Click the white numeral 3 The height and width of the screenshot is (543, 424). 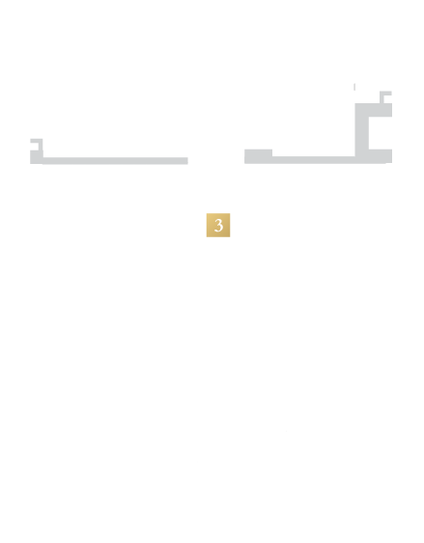pos(218,226)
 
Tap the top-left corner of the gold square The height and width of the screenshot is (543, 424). pos(207,213)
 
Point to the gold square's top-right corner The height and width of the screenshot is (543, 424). pos(230,213)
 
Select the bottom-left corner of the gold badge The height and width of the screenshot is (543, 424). pos(207,237)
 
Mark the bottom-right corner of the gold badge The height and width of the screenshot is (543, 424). pos(230,237)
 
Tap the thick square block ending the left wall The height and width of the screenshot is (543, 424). pos(37,157)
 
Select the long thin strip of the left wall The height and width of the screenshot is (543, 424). pos(115,161)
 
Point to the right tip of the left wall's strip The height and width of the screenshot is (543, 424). pos(188,161)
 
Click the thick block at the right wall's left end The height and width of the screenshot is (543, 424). pos(258,156)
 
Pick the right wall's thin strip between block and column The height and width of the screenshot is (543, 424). pos(313,160)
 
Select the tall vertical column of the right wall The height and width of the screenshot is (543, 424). pos(361,130)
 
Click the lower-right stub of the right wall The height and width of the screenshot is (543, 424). pos(381,156)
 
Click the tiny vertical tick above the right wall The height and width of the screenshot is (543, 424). pos(354,87)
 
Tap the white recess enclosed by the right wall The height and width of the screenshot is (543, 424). pos(381,133)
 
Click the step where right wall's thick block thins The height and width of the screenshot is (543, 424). pos(272,156)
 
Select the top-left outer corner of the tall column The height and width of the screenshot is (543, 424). pos(355,103)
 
